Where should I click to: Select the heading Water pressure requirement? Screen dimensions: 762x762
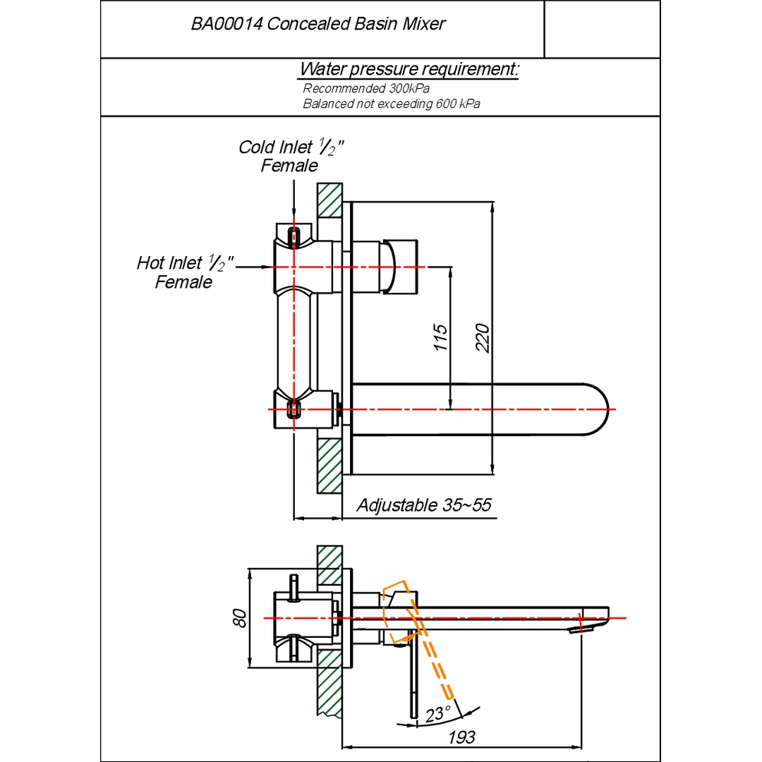[409, 70]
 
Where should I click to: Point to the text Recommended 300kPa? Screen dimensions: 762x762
[366, 89]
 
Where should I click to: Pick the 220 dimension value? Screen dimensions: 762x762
[483, 339]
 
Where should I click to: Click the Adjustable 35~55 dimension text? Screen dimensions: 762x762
[423, 505]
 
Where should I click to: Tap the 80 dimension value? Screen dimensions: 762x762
[240, 618]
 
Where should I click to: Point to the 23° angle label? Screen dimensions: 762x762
[438, 714]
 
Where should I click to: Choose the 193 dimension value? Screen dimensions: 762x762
[462, 738]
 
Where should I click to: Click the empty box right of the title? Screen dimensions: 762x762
[602, 29]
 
